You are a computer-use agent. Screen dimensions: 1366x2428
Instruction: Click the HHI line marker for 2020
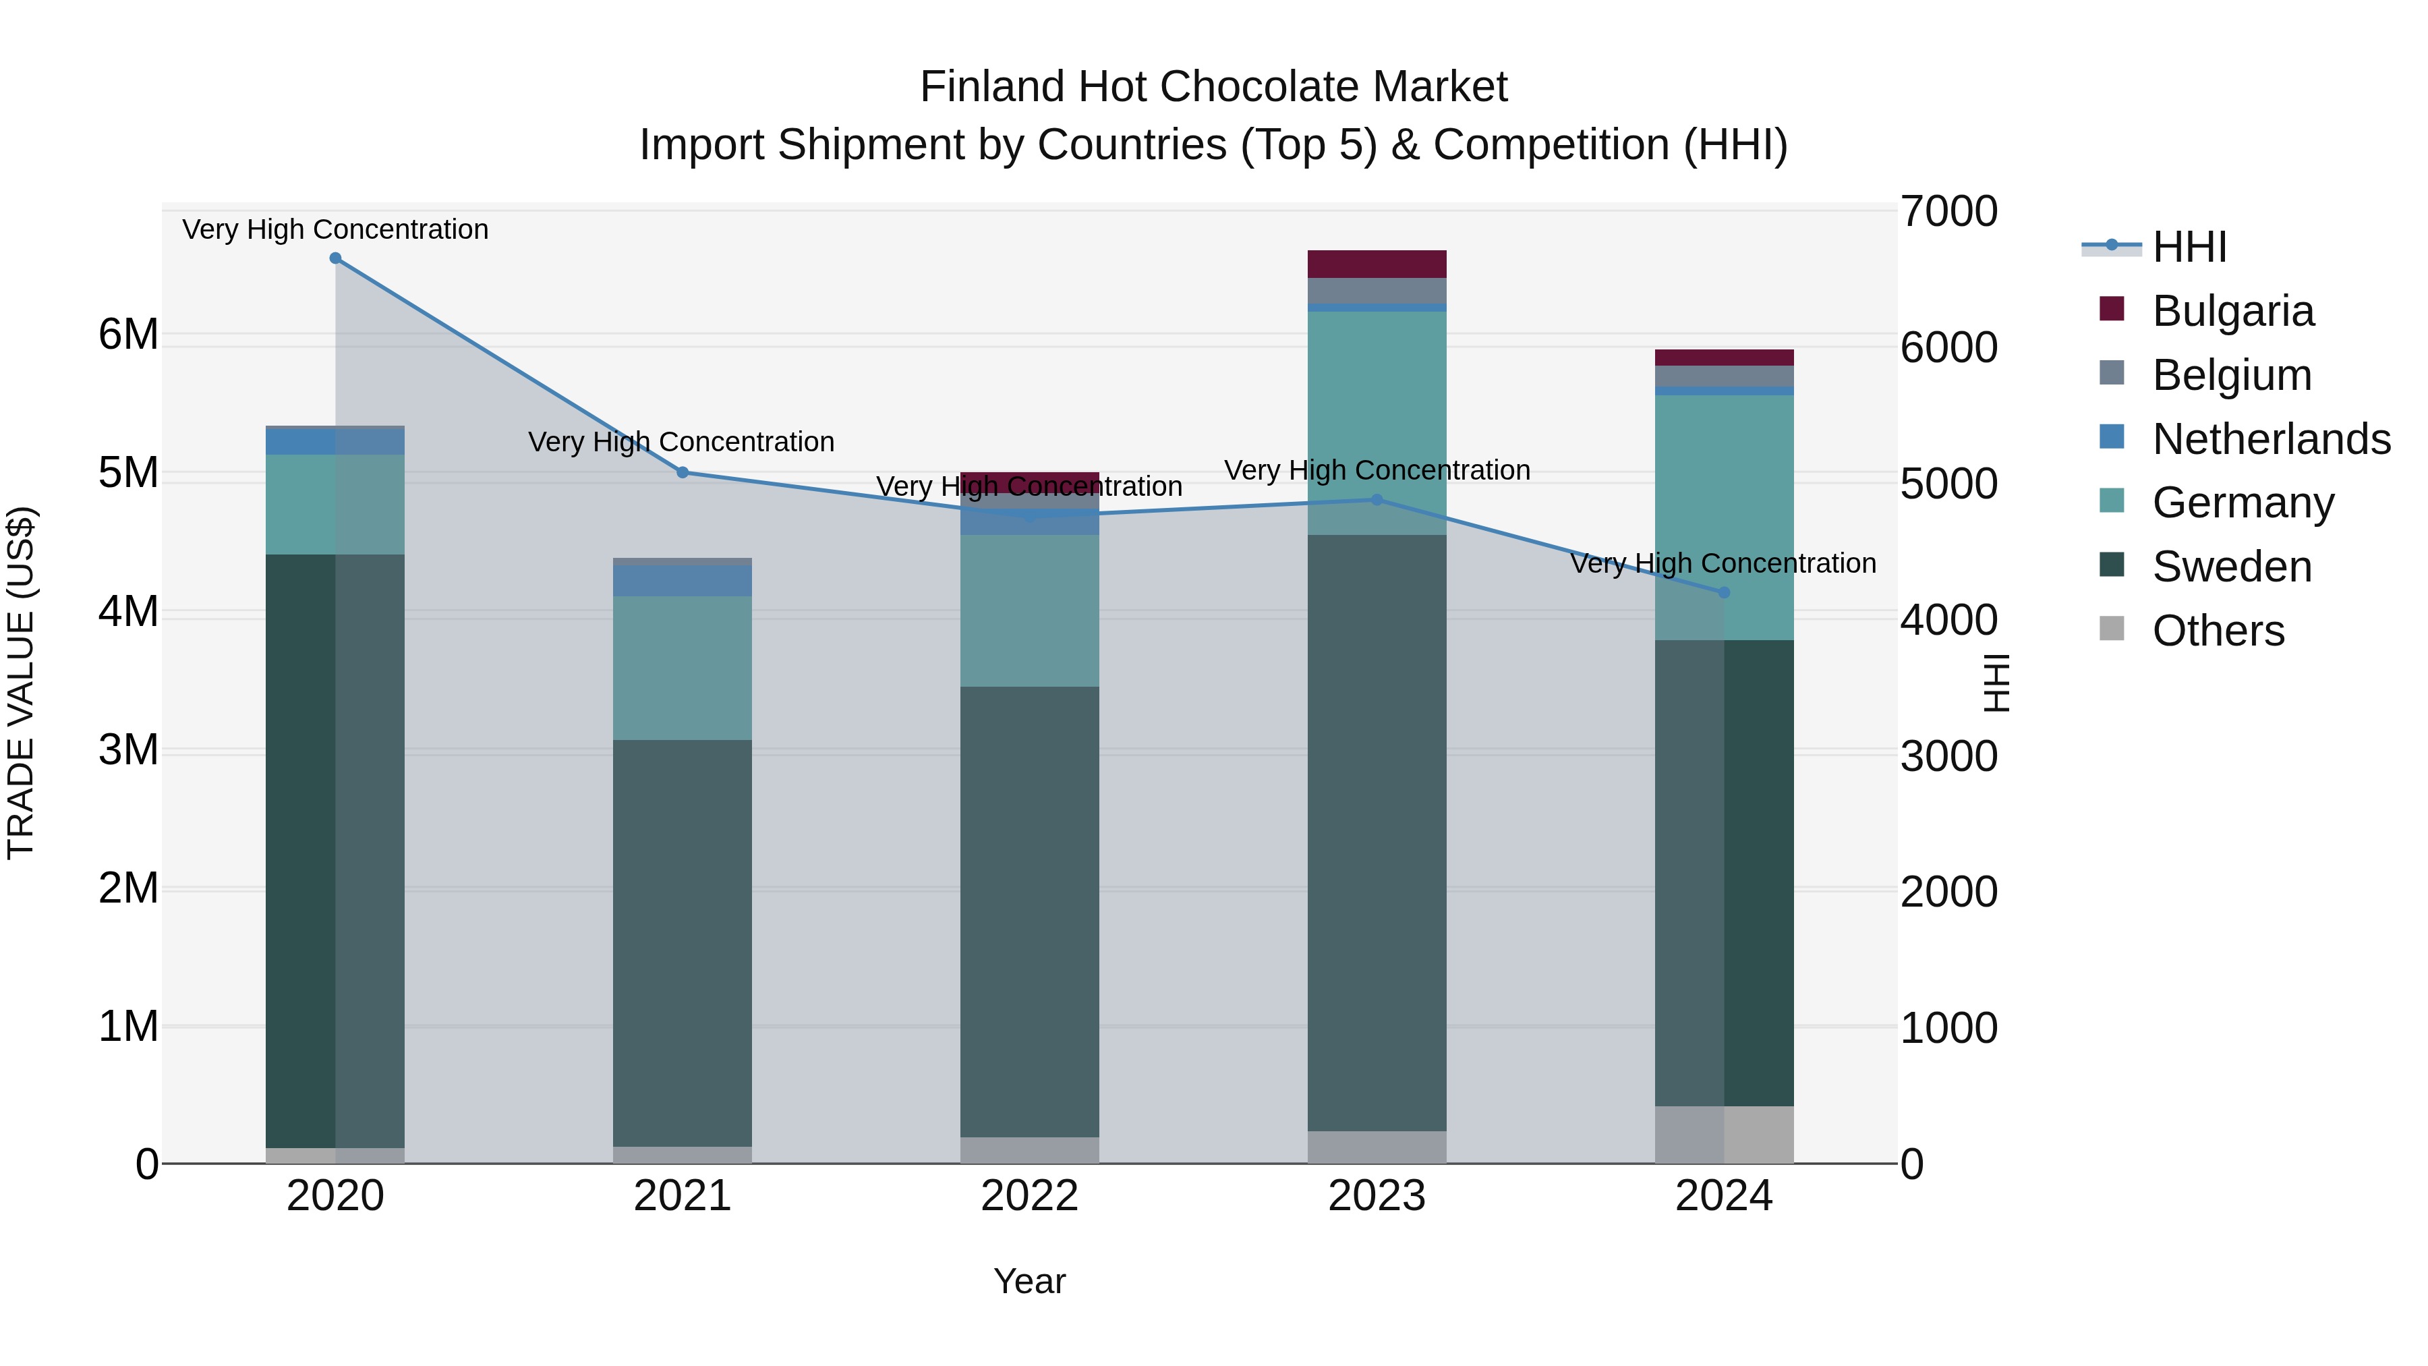coord(336,258)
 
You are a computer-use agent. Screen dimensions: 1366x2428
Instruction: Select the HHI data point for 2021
coord(683,472)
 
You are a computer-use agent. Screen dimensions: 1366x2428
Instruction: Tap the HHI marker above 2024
coord(1724,593)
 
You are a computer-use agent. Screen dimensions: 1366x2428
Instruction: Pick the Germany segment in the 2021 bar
coord(683,667)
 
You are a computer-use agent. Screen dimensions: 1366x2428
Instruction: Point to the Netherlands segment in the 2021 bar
coord(683,581)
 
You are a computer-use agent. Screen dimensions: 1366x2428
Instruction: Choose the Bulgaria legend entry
coord(2232,311)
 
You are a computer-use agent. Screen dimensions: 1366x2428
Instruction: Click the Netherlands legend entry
coord(2270,439)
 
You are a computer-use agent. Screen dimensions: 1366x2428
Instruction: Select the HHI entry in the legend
coord(2189,247)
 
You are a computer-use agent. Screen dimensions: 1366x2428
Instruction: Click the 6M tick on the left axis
coord(128,335)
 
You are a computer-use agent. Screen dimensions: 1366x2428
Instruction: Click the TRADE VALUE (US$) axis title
coord(21,683)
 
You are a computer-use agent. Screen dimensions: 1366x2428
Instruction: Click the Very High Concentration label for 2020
coord(336,230)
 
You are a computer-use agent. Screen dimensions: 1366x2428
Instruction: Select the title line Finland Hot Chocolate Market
coord(1213,87)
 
